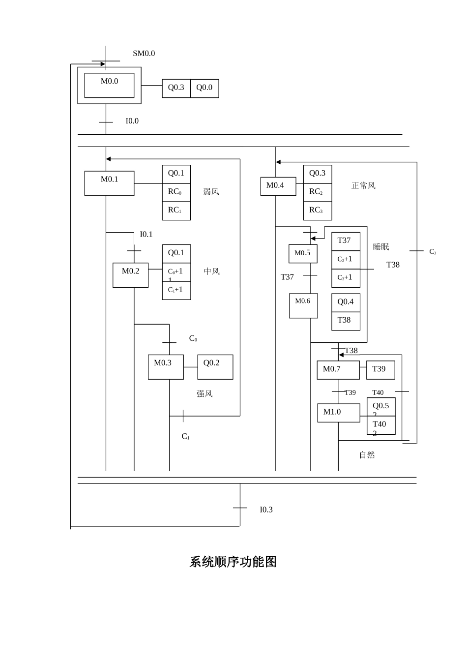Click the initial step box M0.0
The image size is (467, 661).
(109, 85)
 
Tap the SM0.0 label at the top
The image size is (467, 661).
(144, 53)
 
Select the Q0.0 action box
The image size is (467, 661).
(204, 88)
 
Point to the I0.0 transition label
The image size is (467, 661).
(132, 121)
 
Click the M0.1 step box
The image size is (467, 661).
(109, 183)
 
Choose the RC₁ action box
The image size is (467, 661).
(176, 210)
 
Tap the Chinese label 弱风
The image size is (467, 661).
(211, 192)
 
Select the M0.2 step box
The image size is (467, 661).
(130, 275)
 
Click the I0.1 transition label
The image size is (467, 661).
(146, 234)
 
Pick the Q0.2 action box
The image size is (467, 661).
(215, 367)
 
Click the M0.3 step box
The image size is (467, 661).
(166, 367)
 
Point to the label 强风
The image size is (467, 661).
(204, 393)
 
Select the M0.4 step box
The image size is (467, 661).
(278, 186)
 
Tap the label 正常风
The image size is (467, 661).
(363, 185)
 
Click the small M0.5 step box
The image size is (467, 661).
(302, 254)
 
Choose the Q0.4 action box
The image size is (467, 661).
(346, 302)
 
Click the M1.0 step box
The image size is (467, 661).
(338, 413)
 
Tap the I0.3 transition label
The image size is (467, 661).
(266, 510)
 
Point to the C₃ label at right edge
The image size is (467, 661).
(433, 252)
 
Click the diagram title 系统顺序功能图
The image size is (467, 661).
(233, 562)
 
